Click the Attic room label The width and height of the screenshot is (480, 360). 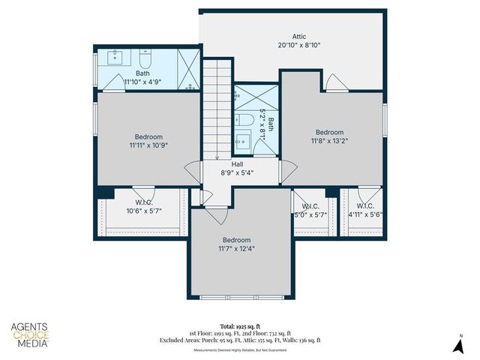pyautogui.click(x=299, y=35)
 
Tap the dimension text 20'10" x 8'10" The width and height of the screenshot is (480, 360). pyautogui.click(x=299, y=44)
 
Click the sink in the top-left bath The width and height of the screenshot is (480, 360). pyautogui.click(x=117, y=56)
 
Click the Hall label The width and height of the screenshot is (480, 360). pyautogui.click(x=237, y=163)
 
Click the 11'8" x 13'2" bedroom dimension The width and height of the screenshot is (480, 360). pyautogui.click(x=329, y=140)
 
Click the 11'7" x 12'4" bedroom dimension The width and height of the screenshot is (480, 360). pyautogui.click(x=236, y=249)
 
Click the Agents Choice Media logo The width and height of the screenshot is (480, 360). pyautogui.click(x=29, y=335)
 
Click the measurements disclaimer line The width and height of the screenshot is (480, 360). pyautogui.click(x=239, y=349)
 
